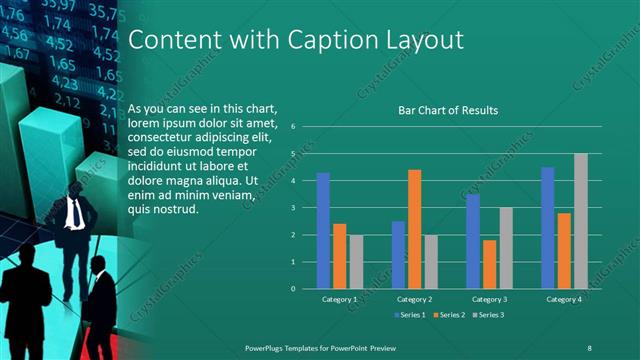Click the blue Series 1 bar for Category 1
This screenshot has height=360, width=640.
pos(323,230)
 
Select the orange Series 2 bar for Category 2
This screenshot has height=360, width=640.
pos(415,229)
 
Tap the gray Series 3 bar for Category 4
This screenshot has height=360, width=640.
pos(581,221)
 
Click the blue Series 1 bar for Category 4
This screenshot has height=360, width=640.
pos(548,227)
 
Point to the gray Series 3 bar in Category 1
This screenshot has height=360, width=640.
pos(356,261)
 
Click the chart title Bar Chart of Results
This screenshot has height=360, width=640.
pos(448,111)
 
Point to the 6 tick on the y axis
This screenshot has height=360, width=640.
pos(293,127)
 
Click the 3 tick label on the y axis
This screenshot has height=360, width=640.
pos(293,208)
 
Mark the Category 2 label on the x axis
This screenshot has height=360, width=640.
pos(414,299)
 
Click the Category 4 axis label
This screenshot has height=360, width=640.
pos(564,299)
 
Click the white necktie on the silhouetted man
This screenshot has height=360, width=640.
pos(75,213)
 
